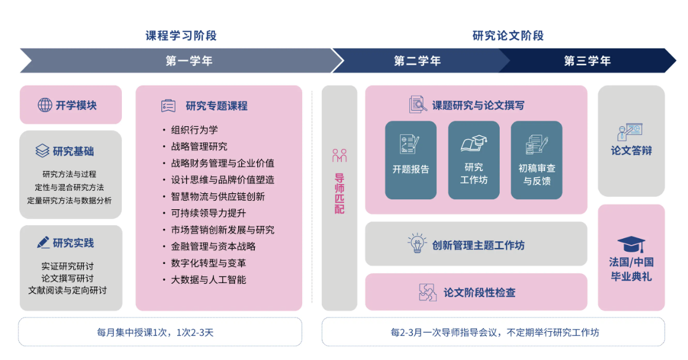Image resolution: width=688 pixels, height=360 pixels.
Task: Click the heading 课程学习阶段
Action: [x=181, y=36]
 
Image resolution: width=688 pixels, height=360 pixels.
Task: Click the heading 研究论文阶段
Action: [x=508, y=36]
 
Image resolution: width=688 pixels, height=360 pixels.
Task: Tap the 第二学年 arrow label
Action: [x=417, y=60]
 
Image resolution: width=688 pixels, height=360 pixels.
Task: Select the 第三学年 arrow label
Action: [x=587, y=60]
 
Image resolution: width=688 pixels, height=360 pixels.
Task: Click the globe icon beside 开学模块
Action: [x=45, y=105]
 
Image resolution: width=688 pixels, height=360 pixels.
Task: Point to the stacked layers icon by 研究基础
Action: [x=42, y=151]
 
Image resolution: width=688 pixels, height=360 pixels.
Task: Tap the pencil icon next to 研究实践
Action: [x=43, y=242]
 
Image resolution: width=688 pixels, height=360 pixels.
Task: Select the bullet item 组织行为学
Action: [x=194, y=130]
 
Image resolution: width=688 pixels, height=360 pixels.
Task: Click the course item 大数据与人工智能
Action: [x=209, y=279]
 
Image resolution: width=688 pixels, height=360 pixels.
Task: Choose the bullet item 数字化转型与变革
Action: [x=209, y=263]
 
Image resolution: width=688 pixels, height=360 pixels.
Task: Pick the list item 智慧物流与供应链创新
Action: [x=218, y=196]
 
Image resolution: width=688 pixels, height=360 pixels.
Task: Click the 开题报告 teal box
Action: [x=410, y=160]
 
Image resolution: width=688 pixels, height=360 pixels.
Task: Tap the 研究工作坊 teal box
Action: [x=474, y=160]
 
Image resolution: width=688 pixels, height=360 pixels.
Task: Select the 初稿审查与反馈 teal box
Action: [x=537, y=160]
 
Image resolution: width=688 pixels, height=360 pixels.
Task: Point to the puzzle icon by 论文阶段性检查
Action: [x=428, y=292]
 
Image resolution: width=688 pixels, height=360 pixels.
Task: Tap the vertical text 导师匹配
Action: [x=339, y=194]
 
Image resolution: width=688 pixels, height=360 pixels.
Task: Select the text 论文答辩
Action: [x=631, y=151]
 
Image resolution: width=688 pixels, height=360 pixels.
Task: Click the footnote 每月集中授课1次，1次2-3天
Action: [x=155, y=332]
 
